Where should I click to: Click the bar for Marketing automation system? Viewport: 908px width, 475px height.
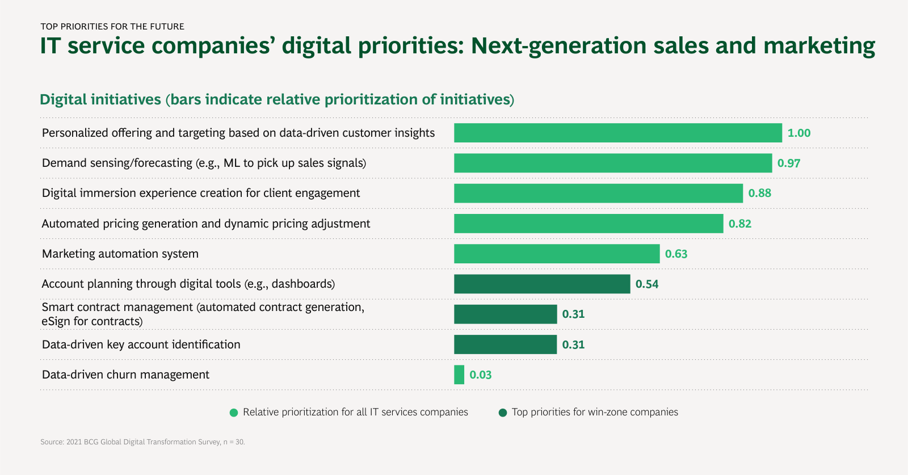557,254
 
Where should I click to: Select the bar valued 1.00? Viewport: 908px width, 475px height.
617,133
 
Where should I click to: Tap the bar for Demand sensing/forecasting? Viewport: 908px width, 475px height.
613,163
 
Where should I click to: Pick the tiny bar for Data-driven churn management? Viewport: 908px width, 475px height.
459,375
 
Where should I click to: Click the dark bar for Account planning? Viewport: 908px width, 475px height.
542,284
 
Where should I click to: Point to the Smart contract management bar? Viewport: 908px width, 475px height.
505,314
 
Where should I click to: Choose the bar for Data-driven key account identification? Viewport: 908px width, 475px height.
505,344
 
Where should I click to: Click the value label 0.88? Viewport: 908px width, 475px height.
759,193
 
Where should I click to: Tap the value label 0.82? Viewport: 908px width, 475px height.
740,224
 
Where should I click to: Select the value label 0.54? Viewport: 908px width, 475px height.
647,284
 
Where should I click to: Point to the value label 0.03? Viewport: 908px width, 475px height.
480,375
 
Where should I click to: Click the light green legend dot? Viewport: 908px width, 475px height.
234,413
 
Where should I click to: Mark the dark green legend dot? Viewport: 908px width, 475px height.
502,413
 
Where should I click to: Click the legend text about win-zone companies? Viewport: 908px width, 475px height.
595,412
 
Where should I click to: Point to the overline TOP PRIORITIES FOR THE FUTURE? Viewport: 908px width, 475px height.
112,27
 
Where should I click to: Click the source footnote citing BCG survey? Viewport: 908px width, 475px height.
142,442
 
